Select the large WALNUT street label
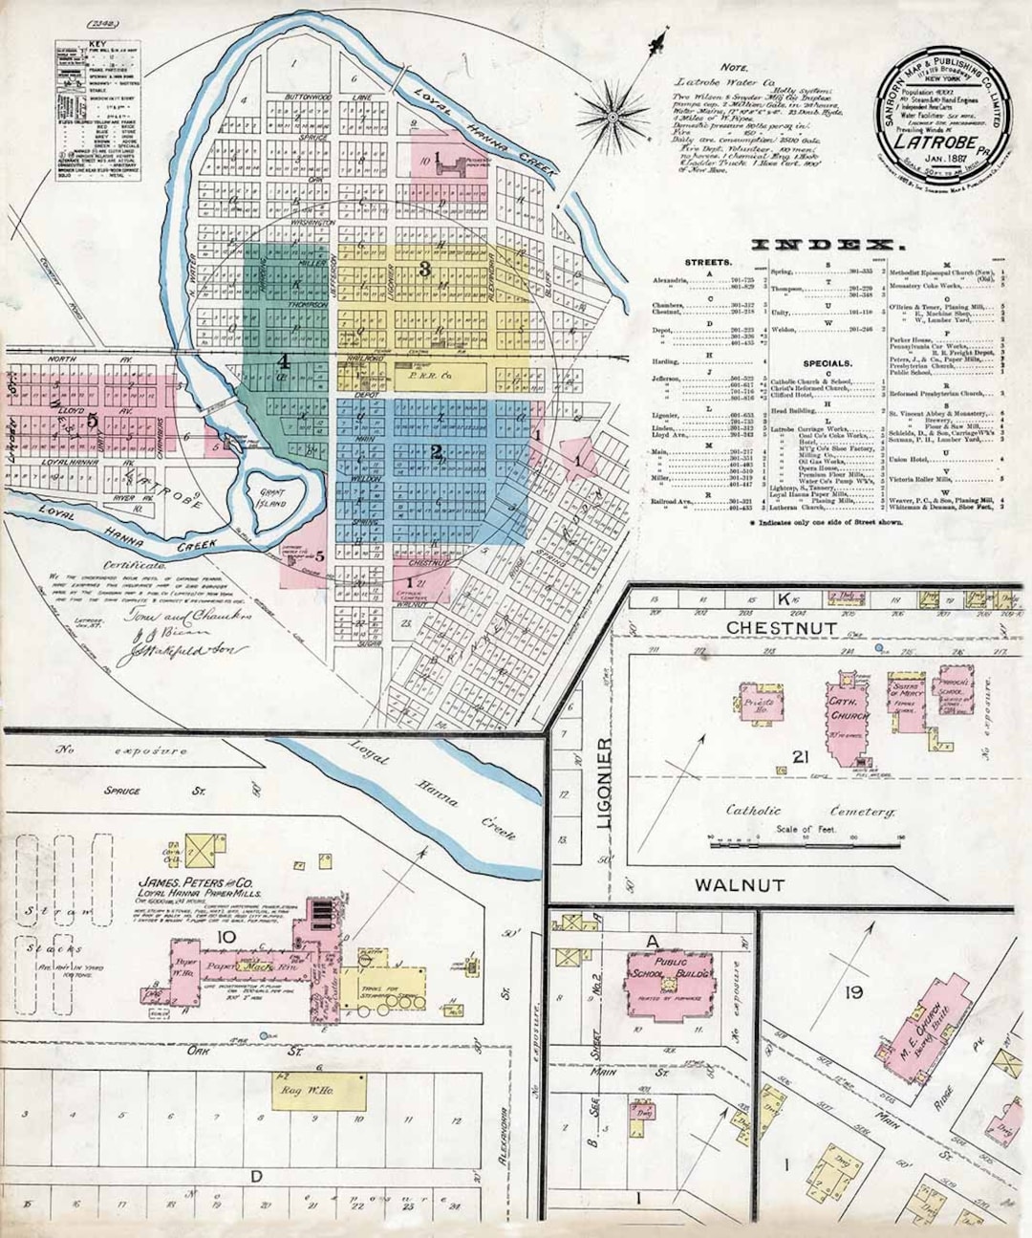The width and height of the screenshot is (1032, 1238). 739,884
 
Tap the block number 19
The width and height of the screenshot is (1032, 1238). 853,993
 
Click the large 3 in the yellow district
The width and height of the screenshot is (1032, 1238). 424,269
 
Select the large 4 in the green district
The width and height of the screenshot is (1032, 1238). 283,361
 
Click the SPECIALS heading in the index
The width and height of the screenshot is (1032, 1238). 827,363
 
